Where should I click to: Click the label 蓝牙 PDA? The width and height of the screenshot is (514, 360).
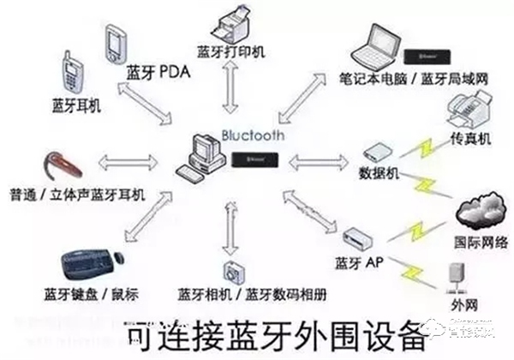tap(157, 73)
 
